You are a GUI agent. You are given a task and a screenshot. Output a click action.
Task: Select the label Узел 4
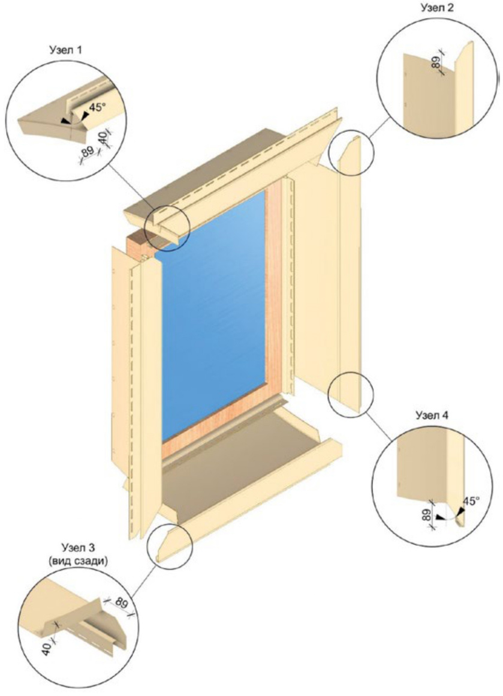[432, 415]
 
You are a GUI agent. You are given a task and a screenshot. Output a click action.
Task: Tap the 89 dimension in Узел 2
[437, 62]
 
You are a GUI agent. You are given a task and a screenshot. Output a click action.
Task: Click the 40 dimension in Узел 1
[103, 136]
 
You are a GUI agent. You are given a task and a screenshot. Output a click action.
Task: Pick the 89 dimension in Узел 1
[87, 152]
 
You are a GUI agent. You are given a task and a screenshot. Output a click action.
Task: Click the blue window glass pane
[214, 315]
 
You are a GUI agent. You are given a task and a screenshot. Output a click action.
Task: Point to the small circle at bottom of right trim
[351, 394]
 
